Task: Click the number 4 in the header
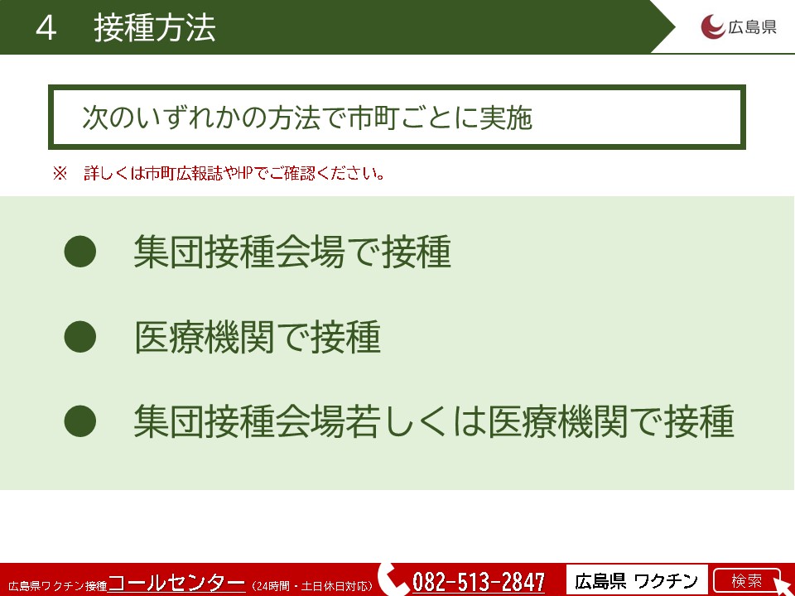click(46, 28)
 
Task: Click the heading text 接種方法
click(155, 28)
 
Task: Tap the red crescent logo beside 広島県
click(712, 26)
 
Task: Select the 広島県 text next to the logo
click(752, 26)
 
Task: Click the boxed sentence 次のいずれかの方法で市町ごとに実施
click(307, 118)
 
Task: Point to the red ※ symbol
click(60, 173)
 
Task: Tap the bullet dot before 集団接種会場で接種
click(80, 252)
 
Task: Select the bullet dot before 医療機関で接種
click(80, 337)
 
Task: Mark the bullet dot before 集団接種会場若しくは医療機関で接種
click(80, 421)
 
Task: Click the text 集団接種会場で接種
click(292, 252)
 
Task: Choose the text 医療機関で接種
click(257, 337)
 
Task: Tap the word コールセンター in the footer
click(177, 582)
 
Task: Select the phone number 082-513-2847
click(479, 582)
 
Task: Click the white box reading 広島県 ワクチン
click(637, 580)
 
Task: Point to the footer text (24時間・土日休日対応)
click(312, 586)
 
